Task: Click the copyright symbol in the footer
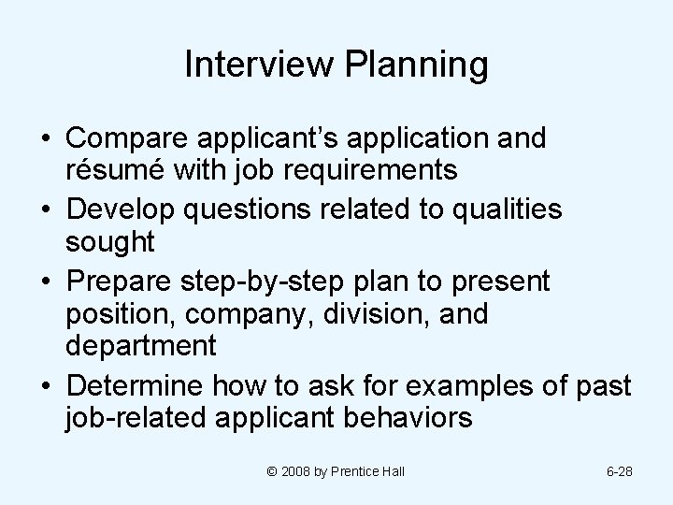[271, 471]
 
